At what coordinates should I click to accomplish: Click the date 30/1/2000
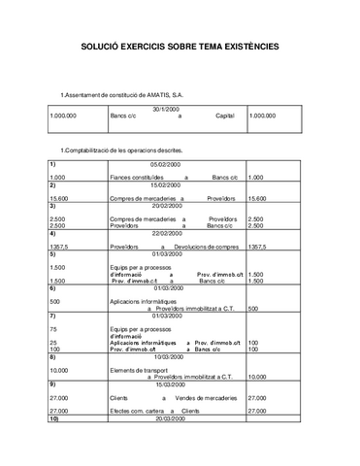click(166, 109)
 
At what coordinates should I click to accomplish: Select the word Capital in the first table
click(225, 116)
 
